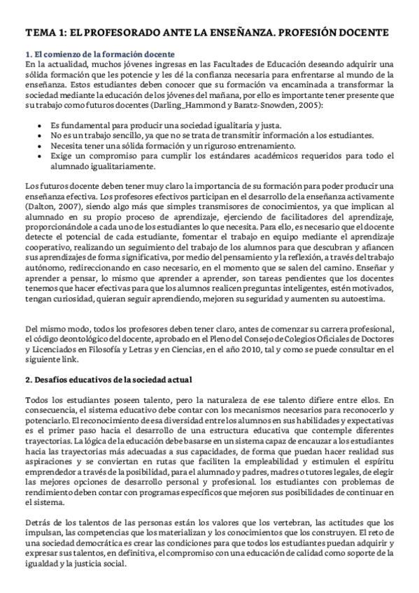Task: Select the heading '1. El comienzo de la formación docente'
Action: (x=99, y=55)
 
